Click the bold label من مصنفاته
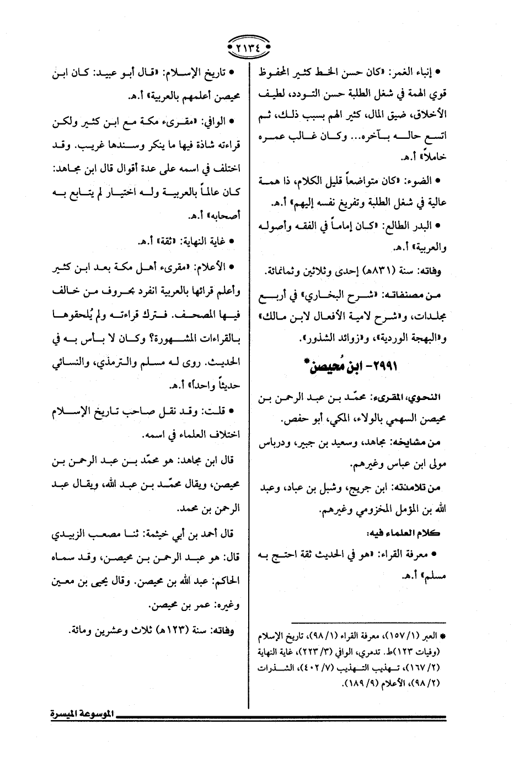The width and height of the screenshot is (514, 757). (x=425, y=296)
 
